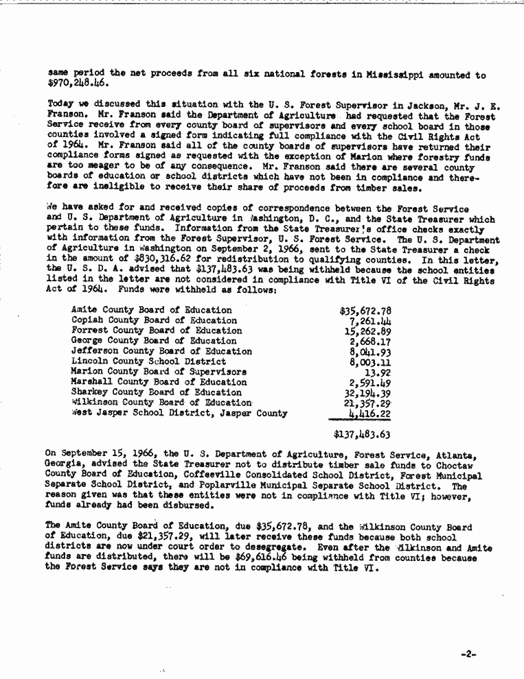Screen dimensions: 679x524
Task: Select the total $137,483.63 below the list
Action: point(362,434)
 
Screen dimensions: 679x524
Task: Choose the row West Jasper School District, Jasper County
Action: point(179,413)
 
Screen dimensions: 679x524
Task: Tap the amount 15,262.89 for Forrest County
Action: point(367,331)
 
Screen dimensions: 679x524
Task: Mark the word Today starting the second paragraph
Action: point(60,106)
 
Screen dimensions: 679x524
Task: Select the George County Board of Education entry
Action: point(154,341)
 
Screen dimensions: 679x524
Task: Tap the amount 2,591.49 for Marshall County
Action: point(370,382)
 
